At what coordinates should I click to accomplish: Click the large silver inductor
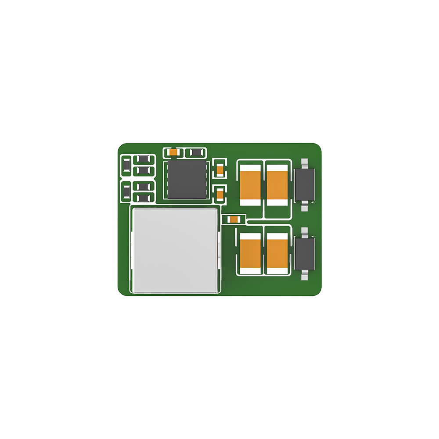175,250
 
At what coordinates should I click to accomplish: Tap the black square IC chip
187,179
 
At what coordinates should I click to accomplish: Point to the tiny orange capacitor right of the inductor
233,219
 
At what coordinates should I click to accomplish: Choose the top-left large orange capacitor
251,185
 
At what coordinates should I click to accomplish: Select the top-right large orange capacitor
277,185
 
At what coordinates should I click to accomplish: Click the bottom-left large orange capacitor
251,253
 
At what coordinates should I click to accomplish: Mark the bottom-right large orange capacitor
277,253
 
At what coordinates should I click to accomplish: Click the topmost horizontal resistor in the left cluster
144,159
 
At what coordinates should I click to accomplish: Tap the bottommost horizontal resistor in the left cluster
144,198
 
